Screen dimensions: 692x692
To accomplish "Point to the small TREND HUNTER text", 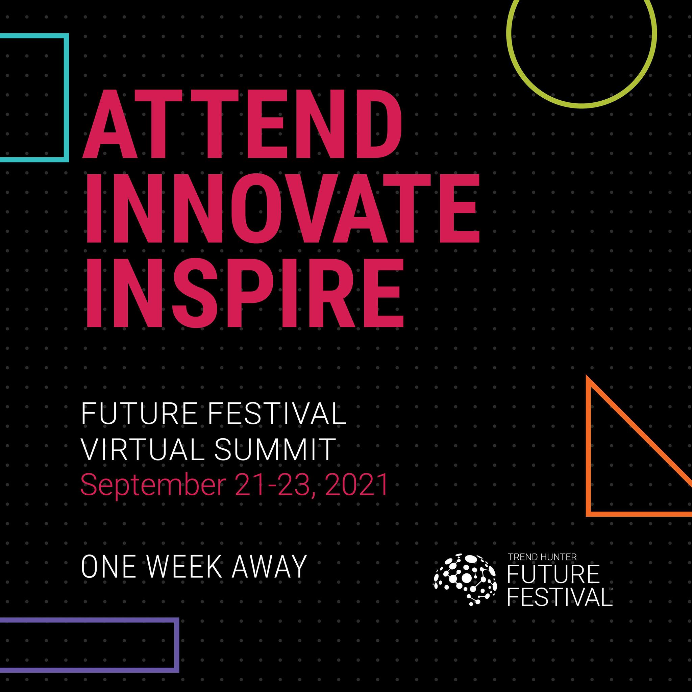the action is coord(543,557).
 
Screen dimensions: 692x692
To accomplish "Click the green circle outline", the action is coord(581,106).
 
